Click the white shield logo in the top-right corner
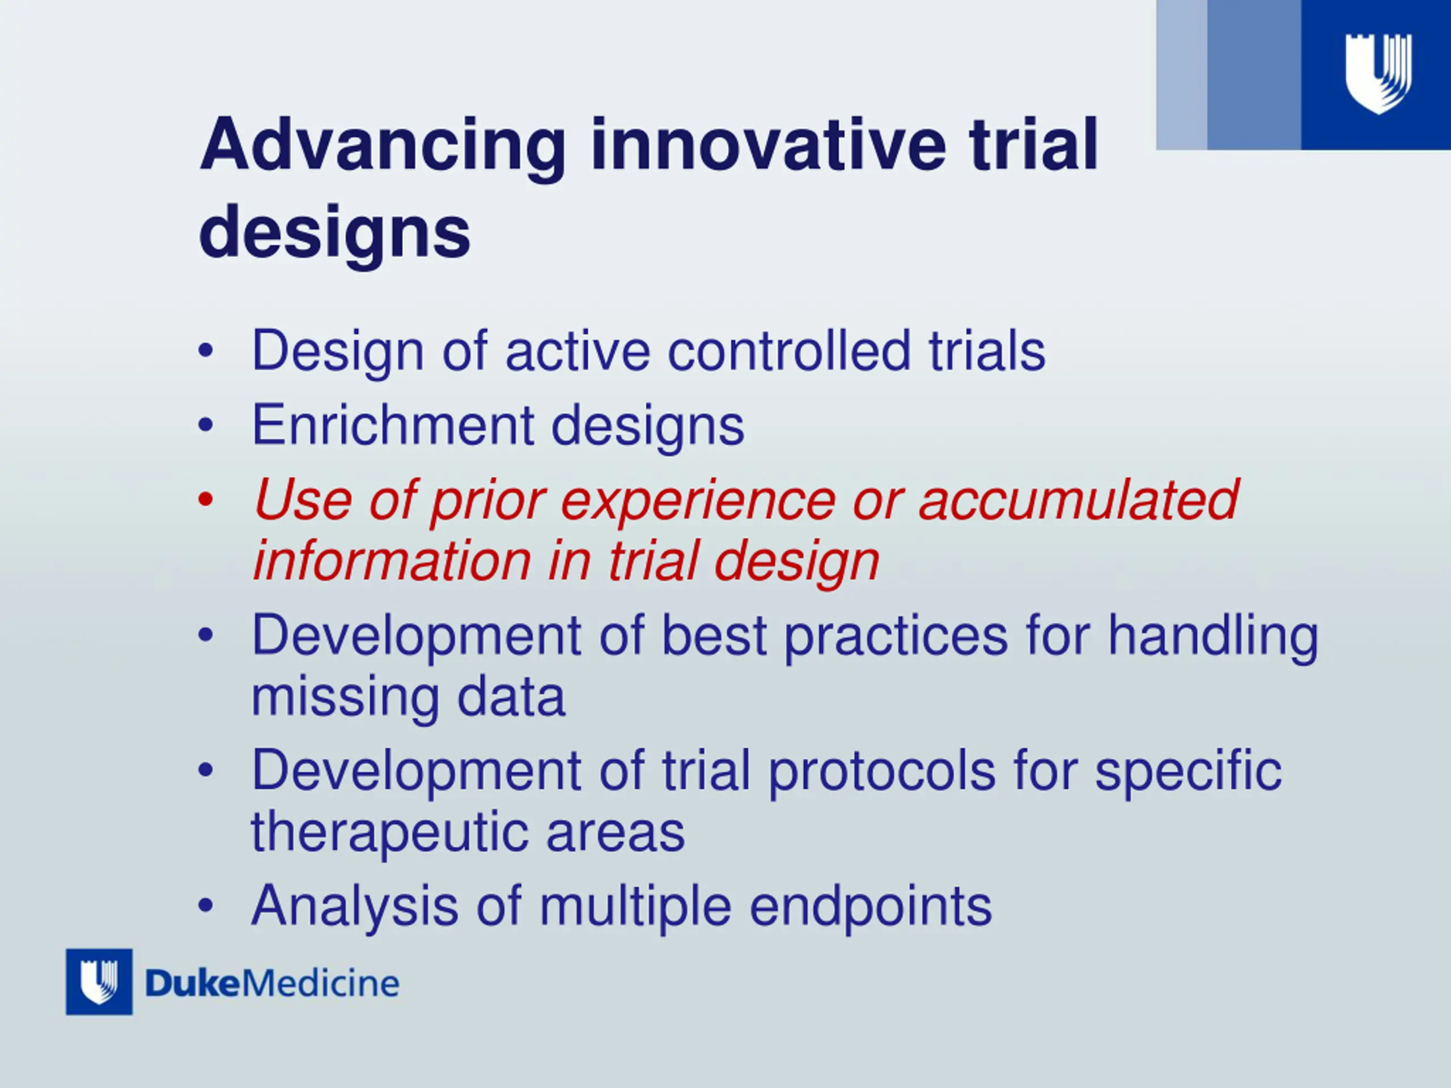click(1378, 74)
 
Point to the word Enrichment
click(392, 425)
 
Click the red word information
click(392, 561)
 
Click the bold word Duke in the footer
click(193, 984)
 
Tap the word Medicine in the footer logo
click(321, 984)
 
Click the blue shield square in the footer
click(99, 982)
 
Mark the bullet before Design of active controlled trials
click(205, 350)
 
